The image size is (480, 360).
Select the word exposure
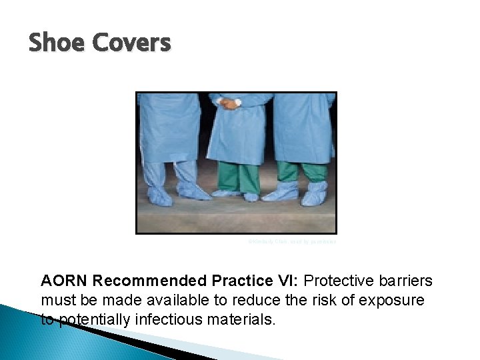coord(394,301)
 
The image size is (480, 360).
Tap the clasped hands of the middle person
coord(231,103)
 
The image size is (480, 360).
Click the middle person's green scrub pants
coord(237,177)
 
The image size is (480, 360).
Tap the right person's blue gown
coord(303,127)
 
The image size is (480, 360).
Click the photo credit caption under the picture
coord(292,242)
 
